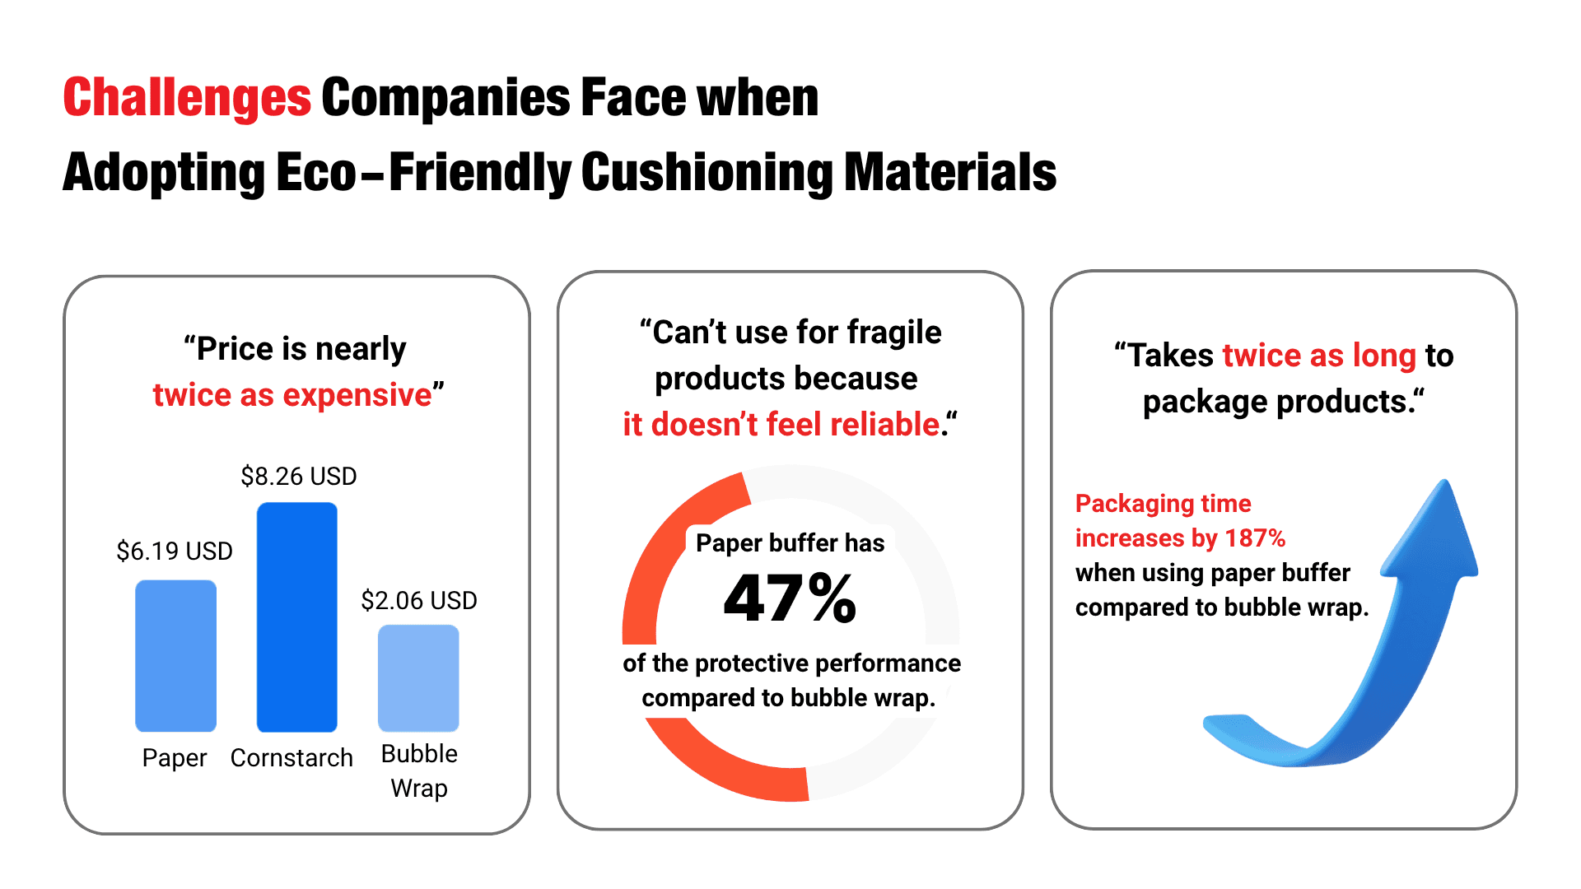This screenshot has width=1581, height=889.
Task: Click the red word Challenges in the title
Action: coord(187,98)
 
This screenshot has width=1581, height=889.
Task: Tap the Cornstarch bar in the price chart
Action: coord(297,617)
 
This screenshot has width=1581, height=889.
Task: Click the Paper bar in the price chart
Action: coord(175,656)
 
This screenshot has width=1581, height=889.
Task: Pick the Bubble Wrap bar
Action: coord(418,678)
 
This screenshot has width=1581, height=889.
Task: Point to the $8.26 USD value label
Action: coord(298,477)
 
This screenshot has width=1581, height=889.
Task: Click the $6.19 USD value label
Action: coord(175,552)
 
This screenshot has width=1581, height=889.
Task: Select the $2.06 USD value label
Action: coord(419,601)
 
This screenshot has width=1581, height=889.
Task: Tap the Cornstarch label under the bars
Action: coord(291,758)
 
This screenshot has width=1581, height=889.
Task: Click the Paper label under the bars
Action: coord(175,758)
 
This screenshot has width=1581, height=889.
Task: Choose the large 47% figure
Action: coord(790,598)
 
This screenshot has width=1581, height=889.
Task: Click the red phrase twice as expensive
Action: coord(292,396)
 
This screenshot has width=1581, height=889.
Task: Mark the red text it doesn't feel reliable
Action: coord(781,426)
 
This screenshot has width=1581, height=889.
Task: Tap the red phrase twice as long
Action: coord(1319,356)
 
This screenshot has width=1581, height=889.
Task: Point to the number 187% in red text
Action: coord(1255,538)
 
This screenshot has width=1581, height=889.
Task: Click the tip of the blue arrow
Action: coord(1444,486)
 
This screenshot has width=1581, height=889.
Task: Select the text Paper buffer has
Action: coord(790,543)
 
